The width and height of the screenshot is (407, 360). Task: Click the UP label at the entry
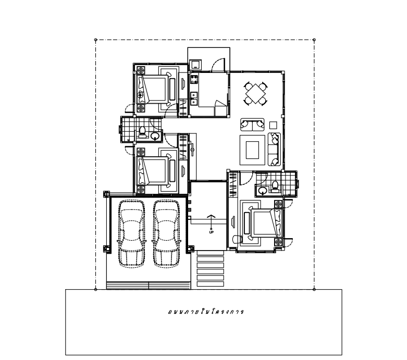pos(211,232)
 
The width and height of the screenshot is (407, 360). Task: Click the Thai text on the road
pos(206,312)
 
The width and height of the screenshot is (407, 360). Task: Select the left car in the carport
pos(132,233)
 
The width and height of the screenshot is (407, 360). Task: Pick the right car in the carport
pos(166,233)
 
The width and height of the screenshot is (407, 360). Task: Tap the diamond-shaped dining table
pos(256,93)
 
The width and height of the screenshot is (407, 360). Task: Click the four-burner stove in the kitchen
pos(194,79)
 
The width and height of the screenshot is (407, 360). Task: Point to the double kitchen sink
pos(194,98)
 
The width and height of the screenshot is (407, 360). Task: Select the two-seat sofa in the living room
pos(252,125)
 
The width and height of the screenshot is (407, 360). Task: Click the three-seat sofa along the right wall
pos(274,149)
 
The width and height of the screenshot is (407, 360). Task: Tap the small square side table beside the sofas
pos(273,126)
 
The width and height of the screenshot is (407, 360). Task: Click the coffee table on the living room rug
pos(252,150)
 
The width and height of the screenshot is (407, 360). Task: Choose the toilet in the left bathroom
pos(142,132)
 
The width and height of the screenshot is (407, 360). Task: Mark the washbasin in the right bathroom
pos(263,191)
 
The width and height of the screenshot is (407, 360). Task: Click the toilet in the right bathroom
pos(275,187)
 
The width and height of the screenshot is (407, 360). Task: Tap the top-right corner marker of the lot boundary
pos(314,40)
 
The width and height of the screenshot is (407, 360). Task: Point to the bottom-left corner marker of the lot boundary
pos(95,289)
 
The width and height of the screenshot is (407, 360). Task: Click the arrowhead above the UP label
pos(211,216)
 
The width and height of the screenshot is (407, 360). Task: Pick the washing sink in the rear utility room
pos(195,64)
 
